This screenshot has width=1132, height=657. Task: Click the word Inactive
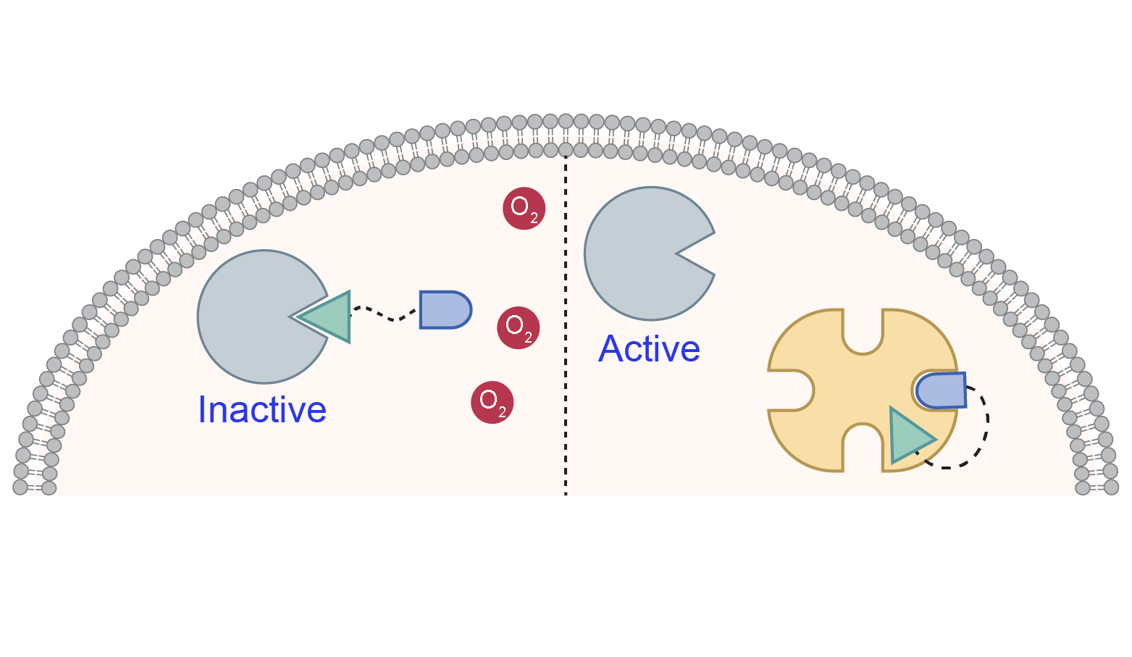tap(262, 410)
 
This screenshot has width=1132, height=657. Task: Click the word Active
tap(649, 349)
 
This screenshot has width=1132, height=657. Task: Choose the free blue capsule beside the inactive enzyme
tap(444, 310)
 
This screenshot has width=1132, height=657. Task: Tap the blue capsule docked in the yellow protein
tap(941, 390)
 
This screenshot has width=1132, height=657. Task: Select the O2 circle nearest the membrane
tap(524, 209)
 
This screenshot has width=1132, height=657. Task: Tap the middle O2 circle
tap(518, 327)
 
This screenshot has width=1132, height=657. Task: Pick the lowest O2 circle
tap(492, 402)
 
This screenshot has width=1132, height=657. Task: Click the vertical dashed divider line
tap(566, 326)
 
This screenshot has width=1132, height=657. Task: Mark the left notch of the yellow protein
tap(791, 390)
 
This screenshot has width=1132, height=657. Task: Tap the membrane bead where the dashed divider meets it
tap(566, 150)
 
